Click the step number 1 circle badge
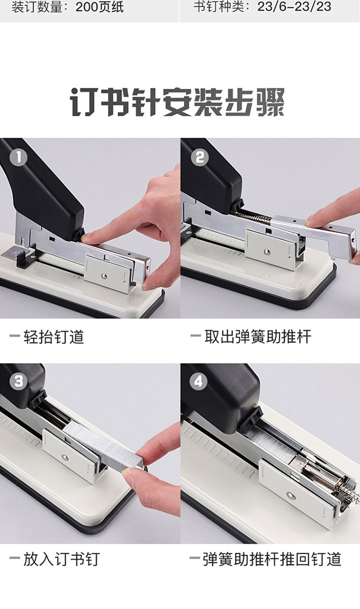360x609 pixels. point(18,157)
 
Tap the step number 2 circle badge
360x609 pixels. point(200,157)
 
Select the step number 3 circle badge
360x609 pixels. point(18,381)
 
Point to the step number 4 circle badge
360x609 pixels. point(198,381)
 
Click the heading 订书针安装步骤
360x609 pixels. point(177,102)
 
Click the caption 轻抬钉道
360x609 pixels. point(54,337)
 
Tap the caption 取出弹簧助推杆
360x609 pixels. point(258,337)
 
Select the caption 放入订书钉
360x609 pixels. point(61,560)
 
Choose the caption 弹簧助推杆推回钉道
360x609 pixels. point(272,559)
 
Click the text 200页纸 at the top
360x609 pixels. point(100,7)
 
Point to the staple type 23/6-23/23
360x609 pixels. point(294,7)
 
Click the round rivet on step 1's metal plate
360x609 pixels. point(104,276)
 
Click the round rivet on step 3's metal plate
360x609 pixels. point(65,457)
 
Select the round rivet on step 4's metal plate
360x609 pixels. point(291,496)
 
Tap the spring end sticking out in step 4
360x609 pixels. point(350,492)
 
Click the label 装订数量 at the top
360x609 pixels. point(36,7)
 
